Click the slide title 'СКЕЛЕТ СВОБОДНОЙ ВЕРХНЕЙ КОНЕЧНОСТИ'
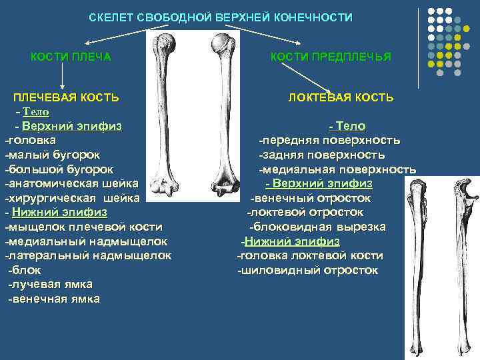221,17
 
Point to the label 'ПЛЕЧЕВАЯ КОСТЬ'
67,97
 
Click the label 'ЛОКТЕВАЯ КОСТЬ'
341,98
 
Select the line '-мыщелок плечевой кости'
83,227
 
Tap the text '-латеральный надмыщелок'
88,255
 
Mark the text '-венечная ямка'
53,299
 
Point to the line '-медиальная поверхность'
337,169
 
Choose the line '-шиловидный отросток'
308,270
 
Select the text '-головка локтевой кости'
310,255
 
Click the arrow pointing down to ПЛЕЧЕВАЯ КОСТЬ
62,77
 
